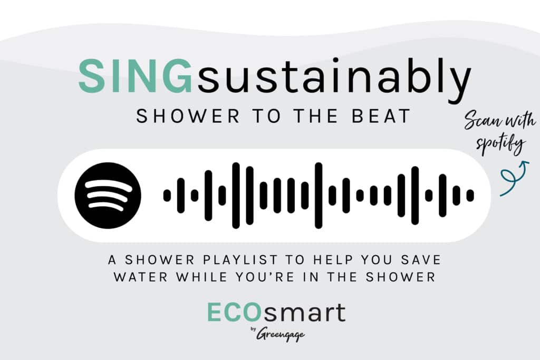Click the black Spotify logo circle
coord(108,196)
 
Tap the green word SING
coord(135,76)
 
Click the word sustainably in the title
coord(333,80)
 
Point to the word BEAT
coord(381,116)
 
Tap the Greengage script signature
coord(281,334)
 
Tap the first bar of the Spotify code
coord(167,196)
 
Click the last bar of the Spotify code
coord(470,196)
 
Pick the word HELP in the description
coord(333,260)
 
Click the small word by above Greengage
coord(253,329)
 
